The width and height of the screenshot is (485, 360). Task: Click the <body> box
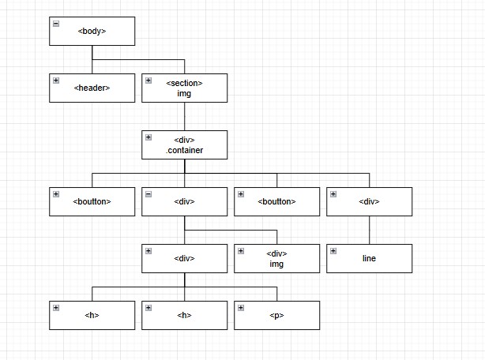pyautogui.click(x=92, y=31)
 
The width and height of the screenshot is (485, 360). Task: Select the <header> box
pyautogui.click(x=92, y=88)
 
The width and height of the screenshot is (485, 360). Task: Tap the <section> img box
pyautogui.click(x=184, y=88)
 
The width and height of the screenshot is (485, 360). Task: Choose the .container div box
pyautogui.click(x=184, y=144)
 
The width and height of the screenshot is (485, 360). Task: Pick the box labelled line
pyautogui.click(x=369, y=258)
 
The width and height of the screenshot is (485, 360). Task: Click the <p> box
pyautogui.click(x=276, y=315)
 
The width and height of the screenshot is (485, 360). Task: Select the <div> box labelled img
pyautogui.click(x=276, y=258)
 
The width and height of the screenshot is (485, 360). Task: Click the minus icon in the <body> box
pyautogui.click(x=56, y=24)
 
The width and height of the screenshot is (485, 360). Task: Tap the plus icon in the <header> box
pyautogui.click(x=56, y=81)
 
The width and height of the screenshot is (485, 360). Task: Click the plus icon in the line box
pyautogui.click(x=333, y=251)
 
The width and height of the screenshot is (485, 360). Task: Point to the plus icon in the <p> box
pyautogui.click(x=241, y=308)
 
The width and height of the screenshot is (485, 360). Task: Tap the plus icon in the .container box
pyautogui.click(x=149, y=137)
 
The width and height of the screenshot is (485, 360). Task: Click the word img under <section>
pyautogui.click(x=184, y=93)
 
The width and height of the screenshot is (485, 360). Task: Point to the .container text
pyautogui.click(x=184, y=150)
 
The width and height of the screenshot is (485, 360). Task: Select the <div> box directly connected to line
pyautogui.click(x=369, y=201)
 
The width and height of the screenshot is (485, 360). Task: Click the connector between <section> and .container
pyautogui.click(x=184, y=116)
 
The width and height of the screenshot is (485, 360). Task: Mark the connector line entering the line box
pyautogui.click(x=369, y=230)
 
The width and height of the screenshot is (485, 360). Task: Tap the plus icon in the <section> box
pyautogui.click(x=149, y=81)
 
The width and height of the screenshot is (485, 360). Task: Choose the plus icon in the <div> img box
pyautogui.click(x=241, y=251)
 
